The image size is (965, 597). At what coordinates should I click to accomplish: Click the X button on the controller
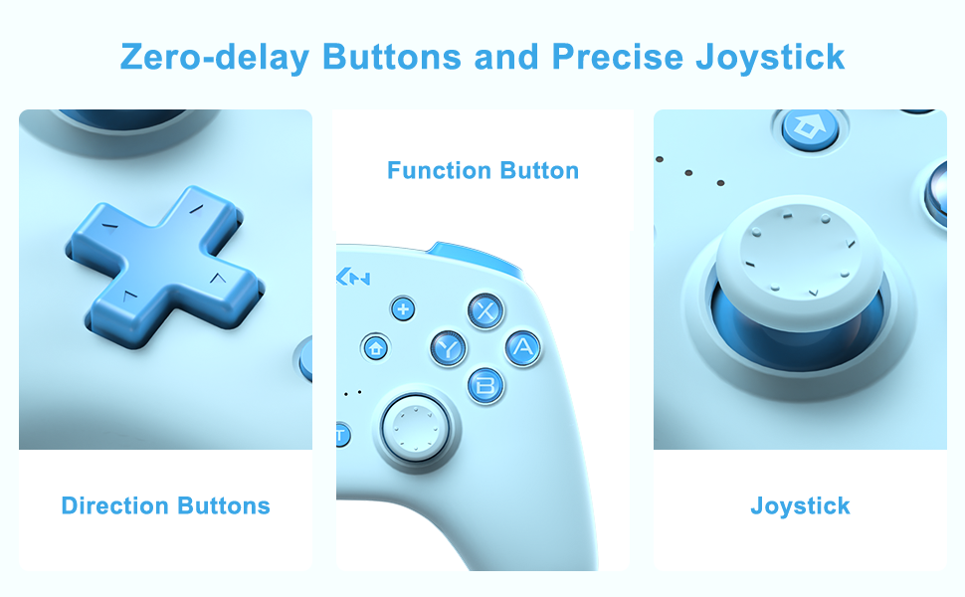click(484, 311)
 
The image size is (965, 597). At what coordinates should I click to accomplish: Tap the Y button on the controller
click(449, 347)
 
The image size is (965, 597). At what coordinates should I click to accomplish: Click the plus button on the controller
click(403, 309)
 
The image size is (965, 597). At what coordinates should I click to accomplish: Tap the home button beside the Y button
click(375, 347)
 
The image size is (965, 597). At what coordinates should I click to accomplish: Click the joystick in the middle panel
click(416, 426)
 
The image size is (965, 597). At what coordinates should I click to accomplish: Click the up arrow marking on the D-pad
click(197, 209)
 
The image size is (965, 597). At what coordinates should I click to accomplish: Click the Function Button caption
click(482, 170)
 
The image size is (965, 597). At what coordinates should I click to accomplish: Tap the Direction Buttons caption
click(165, 505)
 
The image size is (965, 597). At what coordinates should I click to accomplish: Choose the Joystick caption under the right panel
click(800, 505)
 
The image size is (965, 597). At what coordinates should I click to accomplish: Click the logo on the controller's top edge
click(353, 278)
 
